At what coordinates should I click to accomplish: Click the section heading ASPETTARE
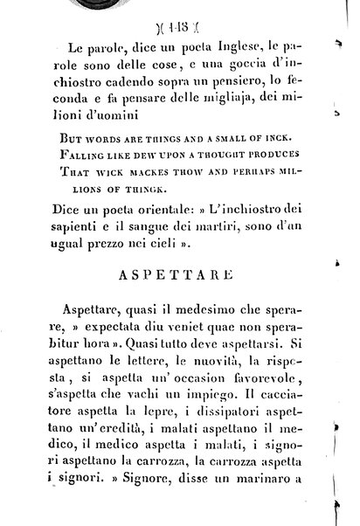coord(179,273)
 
